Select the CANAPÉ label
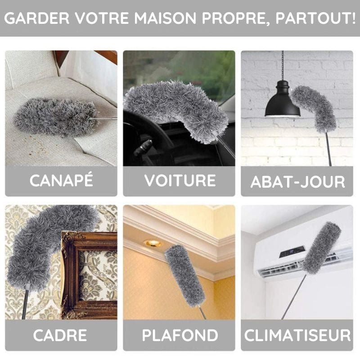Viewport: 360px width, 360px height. (x=61, y=180)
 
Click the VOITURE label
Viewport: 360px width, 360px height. (x=180, y=180)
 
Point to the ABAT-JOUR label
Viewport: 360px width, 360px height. (x=297, y=181)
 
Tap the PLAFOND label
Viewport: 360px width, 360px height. (x=180, y=335)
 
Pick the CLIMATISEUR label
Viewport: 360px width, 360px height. (x=297, y=335)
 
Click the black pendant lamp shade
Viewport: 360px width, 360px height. (x=282, y=105)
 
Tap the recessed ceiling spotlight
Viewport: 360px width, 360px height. (x=153, y=243)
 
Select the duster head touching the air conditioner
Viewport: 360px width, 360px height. (x=321, y=247)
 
